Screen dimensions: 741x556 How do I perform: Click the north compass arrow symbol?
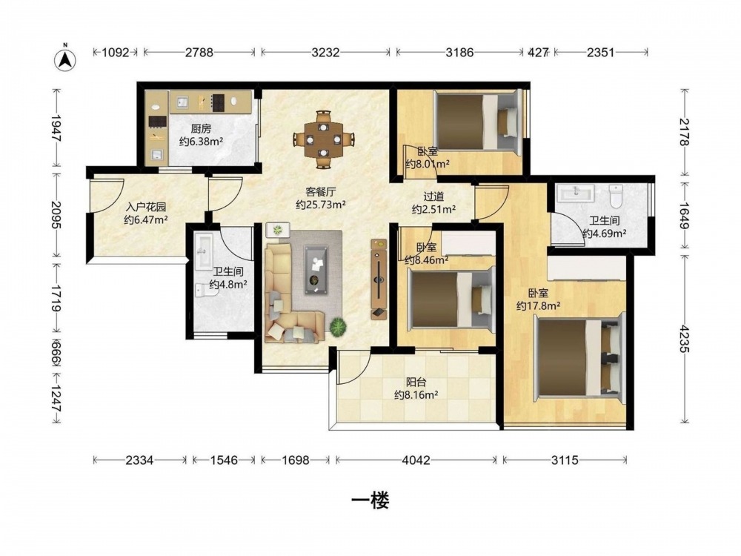[66, 59]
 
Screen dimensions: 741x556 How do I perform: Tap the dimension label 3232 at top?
[325, 52]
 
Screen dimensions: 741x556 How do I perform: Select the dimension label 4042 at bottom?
[416, 460]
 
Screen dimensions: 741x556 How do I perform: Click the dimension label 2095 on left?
[56, 215]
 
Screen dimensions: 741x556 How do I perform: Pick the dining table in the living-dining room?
[323, 139]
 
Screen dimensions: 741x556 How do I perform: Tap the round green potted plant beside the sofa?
[338, 326]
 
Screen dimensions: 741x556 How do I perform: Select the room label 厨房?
[201, 128]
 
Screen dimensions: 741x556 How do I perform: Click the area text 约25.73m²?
[320, 205]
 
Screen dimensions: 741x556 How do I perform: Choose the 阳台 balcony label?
[416, 382]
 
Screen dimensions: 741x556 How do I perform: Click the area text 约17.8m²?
[538, 305]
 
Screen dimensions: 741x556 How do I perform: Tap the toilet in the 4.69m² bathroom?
[616, 196]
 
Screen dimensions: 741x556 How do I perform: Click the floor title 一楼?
[370, 500]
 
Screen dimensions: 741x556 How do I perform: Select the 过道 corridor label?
[433, 196]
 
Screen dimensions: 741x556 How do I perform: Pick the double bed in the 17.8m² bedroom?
[579, 358]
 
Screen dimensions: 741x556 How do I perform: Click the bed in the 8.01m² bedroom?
[477, 121]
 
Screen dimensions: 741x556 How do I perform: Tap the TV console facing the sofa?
[379, 279]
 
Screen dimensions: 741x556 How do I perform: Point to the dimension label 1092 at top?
[116, 52]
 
